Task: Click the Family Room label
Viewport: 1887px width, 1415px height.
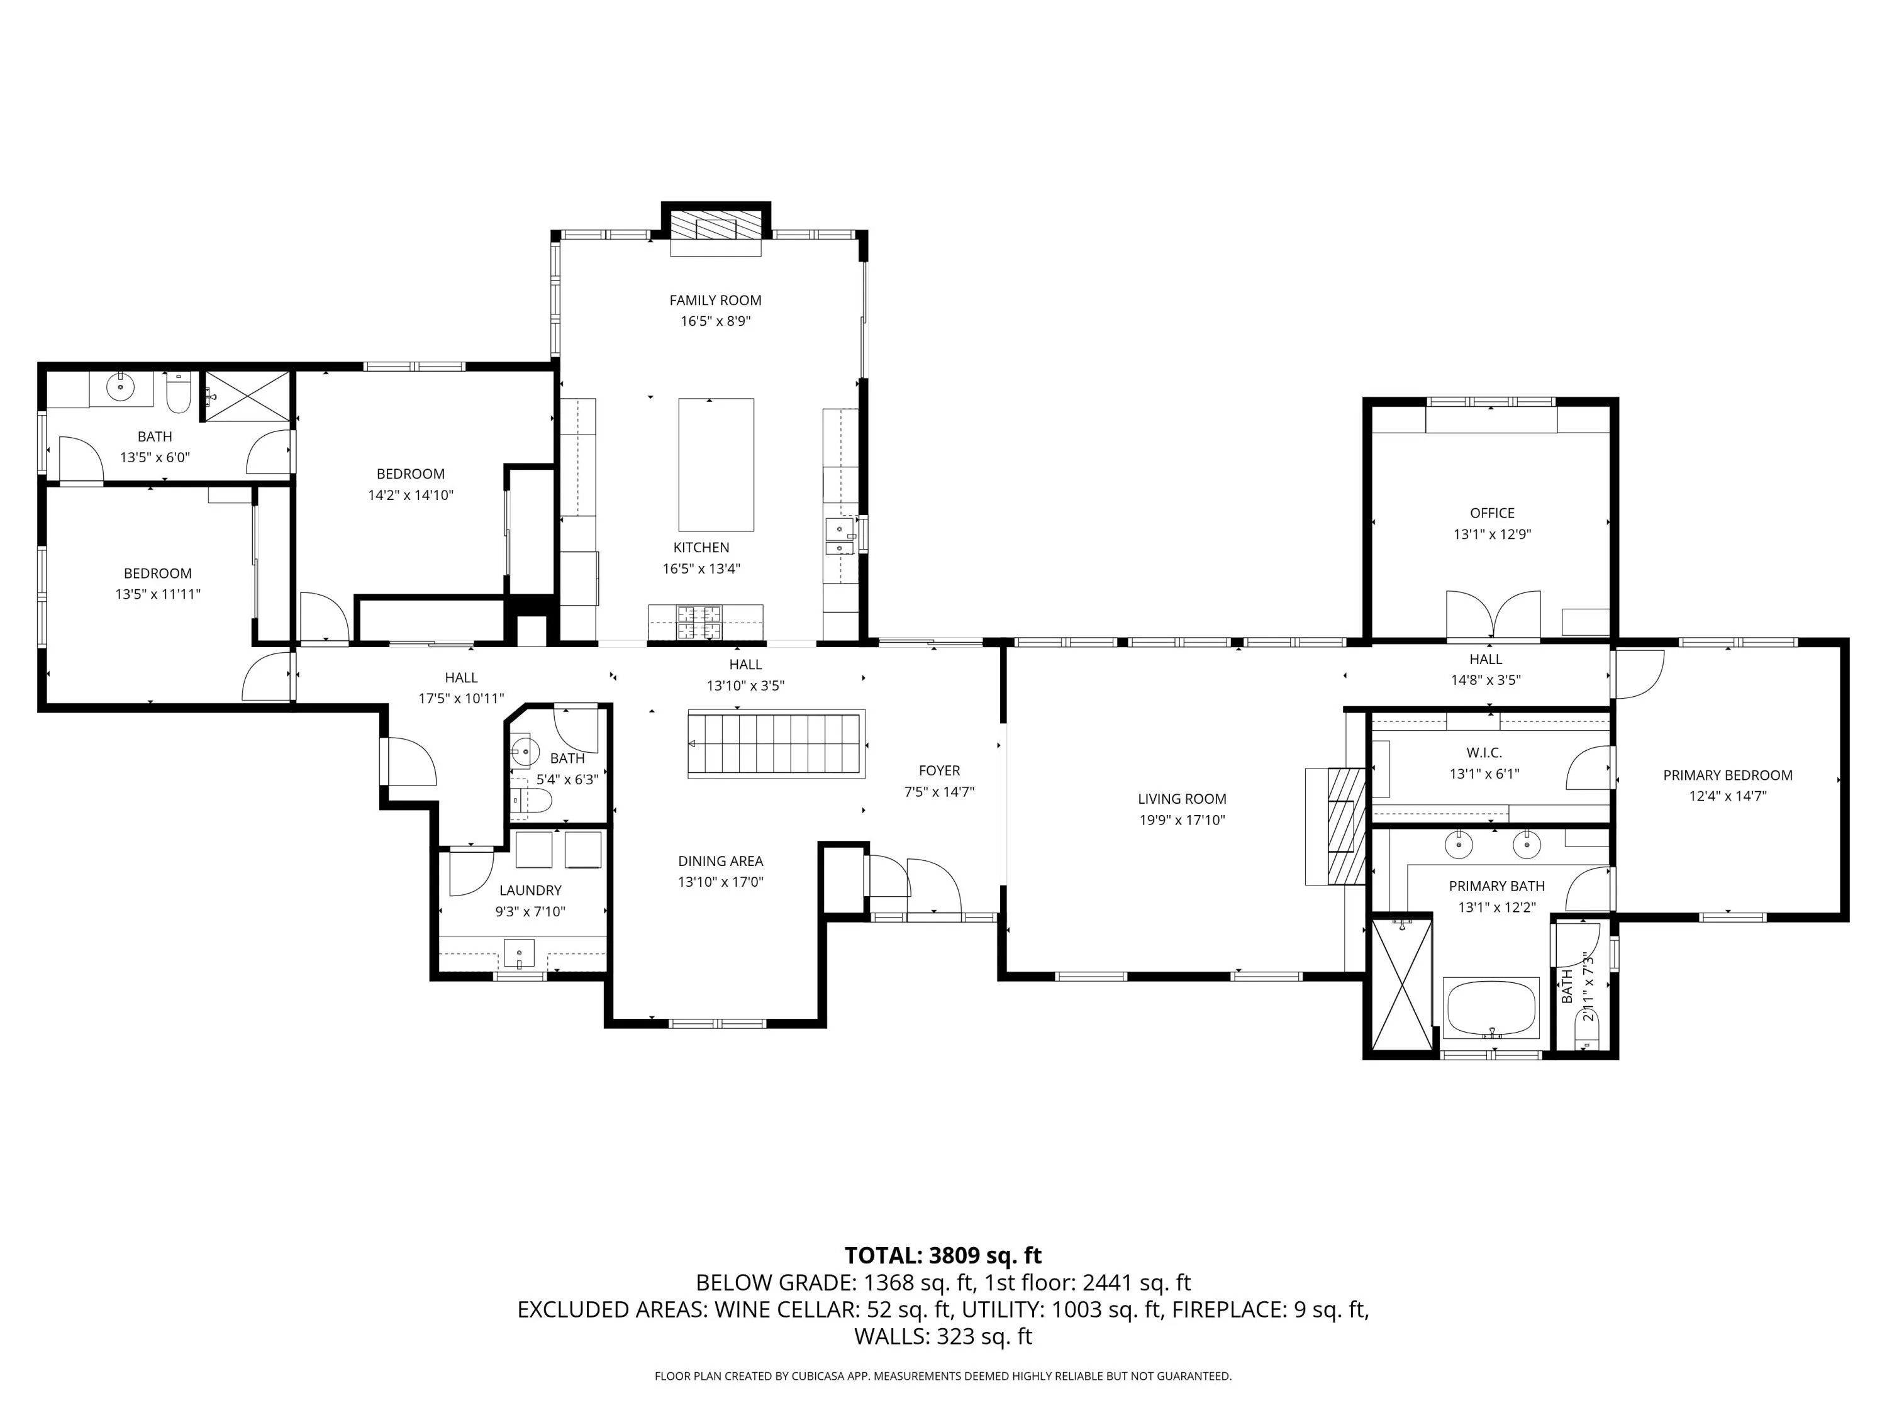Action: pos(715,300)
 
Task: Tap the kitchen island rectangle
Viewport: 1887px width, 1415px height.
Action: pos(716,465)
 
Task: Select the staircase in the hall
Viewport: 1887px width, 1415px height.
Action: pos(776,744)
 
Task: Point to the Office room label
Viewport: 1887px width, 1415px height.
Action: pos(1492,513)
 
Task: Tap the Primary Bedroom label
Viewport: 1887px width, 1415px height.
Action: pos(1727,775)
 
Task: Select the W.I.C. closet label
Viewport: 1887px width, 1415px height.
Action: pos(1484,753)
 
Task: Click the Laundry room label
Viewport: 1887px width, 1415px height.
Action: pos(531,891)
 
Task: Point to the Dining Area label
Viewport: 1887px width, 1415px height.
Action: pos(721,862)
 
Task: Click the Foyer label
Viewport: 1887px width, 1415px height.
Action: pos(939,771)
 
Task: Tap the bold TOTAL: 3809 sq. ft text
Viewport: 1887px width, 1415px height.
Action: pos(943,1255)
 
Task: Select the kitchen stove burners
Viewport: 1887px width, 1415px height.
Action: pos(699,623)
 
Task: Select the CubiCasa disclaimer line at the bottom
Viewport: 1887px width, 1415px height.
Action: pos(943,1376)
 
